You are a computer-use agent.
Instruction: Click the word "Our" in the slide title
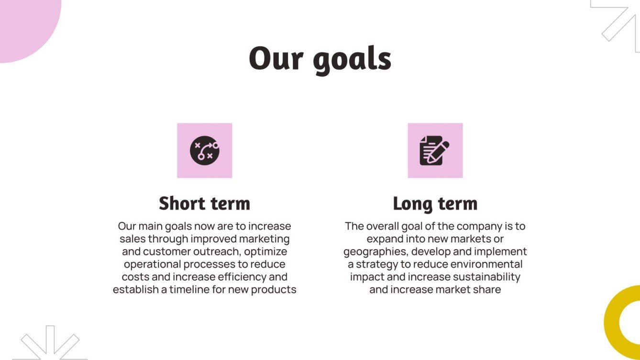tap(276, 58)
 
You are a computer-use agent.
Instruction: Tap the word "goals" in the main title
tap(353, 60)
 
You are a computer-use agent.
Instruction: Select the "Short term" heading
tap(204, 203)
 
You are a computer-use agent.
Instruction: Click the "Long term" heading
tap(435, 203)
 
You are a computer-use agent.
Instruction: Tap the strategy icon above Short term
tap(204, 151)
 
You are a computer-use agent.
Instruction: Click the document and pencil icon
tap(435, 151)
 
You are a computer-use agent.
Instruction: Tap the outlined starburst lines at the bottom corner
tap(50, 344)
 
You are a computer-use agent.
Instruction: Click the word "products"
tap(274, 290)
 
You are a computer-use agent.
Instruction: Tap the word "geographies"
tap(375, 251)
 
